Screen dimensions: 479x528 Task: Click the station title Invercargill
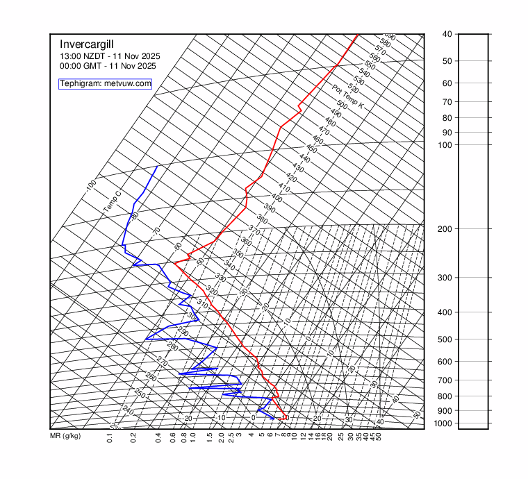[x=85, y=44]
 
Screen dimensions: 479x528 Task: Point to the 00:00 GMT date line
[x=108, y=66]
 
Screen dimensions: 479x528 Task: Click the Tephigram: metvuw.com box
[x=105, y=84]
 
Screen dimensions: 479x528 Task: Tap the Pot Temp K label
[x=347, y=96]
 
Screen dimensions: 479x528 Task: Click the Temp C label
[x=112, y=201]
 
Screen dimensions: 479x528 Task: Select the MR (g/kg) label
[x=65, y=437]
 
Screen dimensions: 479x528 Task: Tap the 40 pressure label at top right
[x=446, y=34]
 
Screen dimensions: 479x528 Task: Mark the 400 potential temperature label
[x=277, y=198]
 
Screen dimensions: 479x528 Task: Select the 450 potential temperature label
[x=311, y=149]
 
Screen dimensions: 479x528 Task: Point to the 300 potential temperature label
[x=192, y=316]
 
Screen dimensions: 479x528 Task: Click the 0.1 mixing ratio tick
[x=110, y=437]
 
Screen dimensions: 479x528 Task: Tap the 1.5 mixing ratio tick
[x=211, y=437]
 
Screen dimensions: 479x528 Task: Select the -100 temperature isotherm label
[x=91, y=185]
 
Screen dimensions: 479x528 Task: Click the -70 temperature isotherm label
[x=157, y=230]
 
